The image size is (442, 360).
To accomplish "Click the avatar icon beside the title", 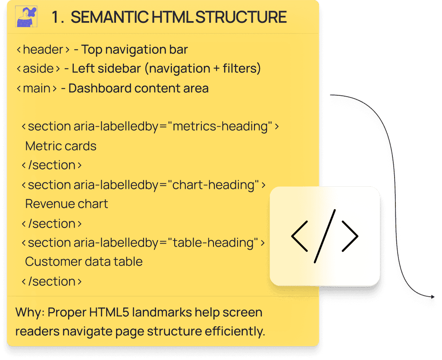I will point(26,17).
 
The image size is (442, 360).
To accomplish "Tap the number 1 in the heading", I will point(56,17).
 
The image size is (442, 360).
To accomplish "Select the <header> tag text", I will point(43,50).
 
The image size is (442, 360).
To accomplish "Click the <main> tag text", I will point(37,88).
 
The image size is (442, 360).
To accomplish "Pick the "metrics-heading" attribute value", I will point(220,126).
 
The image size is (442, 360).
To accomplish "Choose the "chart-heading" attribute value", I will point(213,185).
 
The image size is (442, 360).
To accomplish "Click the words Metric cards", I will point(61,146).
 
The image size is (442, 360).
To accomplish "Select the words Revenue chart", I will point(67,203).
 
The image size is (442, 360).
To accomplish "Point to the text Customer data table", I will point(84,261).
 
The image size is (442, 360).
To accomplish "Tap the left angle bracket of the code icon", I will point(300,236).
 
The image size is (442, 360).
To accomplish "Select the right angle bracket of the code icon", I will point(350,236).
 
